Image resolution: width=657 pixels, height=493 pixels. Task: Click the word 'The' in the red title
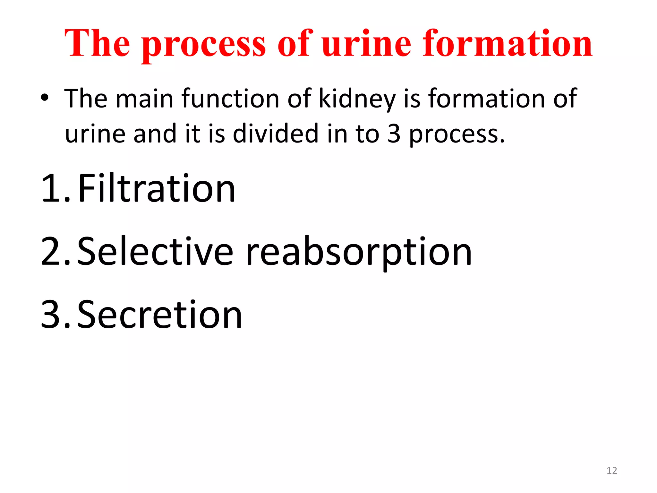[x=98, y=43]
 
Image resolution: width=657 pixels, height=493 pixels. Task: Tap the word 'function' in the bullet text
[x=230, y=98]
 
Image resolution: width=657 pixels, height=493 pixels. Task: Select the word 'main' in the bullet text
[x=145, y=98]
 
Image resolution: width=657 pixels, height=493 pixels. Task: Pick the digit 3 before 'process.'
[x=394, y=134]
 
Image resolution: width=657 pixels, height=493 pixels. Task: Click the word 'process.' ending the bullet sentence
[x=457, y=135]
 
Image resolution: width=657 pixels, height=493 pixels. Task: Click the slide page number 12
[x=612, y=471]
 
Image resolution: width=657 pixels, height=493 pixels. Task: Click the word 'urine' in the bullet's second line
[x=95, y=134]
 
